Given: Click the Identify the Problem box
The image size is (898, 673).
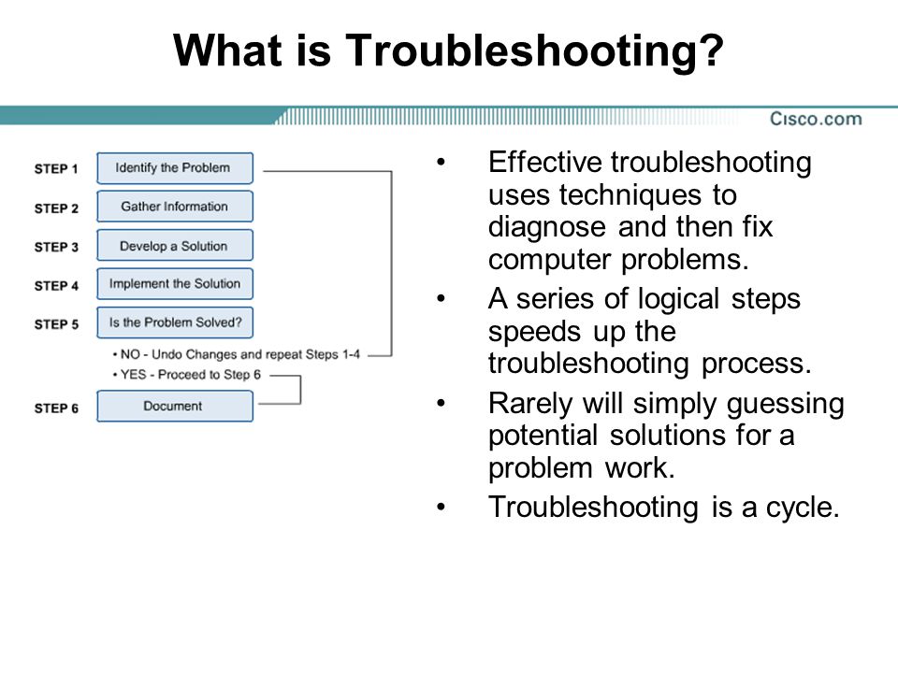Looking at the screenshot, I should [174, 168].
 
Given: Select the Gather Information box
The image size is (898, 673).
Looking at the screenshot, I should [174, 207].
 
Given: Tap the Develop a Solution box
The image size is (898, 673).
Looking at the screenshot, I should [174, 246].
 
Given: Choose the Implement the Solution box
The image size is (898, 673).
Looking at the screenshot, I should [174, 284].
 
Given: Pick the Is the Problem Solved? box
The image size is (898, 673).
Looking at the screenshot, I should [174, 322].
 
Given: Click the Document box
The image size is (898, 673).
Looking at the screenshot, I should [174, 407].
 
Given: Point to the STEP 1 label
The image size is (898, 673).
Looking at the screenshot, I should [56, 169].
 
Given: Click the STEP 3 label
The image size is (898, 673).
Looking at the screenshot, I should [56, 247].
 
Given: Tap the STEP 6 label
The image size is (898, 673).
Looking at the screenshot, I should [56, 408].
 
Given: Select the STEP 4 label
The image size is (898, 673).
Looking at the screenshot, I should [56, 285].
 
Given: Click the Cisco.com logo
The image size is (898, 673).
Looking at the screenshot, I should [816, 119].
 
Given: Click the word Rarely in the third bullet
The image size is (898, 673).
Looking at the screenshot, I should [528, 404].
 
